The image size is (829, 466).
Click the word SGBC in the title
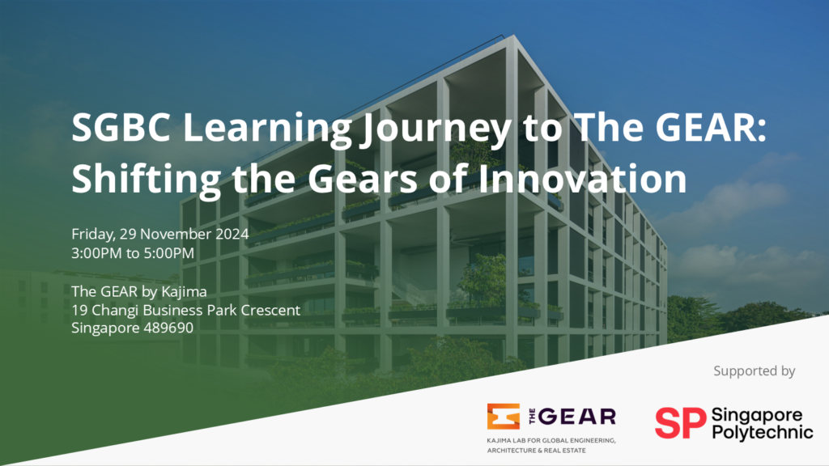pyautogui.click(x=121, y=127)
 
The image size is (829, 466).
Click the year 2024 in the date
pyautogui.click(x=232, y=234)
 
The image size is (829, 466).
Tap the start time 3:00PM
pyautogui.click(x=97, y=253)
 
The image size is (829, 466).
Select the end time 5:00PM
pyautogui.click(x=169, y=253)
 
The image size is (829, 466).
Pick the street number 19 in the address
pyautogui.click(x=79, y=310)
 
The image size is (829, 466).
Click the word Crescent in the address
pyautogui.click(x=270, y=310)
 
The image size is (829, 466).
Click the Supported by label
pyautogui.click(x=754, y=371)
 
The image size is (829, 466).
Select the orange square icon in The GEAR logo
pyautogui.click(x=504, y=417)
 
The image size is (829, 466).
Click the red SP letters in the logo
pyautogui.click(x=680, y=422)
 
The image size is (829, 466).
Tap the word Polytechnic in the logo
pyautogui.click(x=763, y=432)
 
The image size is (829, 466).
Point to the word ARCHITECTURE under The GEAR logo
pyautogui.click(x=509, y=451)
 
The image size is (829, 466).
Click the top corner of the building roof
pyautogui.click(x=513, y=36)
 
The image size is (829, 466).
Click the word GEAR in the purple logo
pyautogui.click(x=577, y=417)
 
